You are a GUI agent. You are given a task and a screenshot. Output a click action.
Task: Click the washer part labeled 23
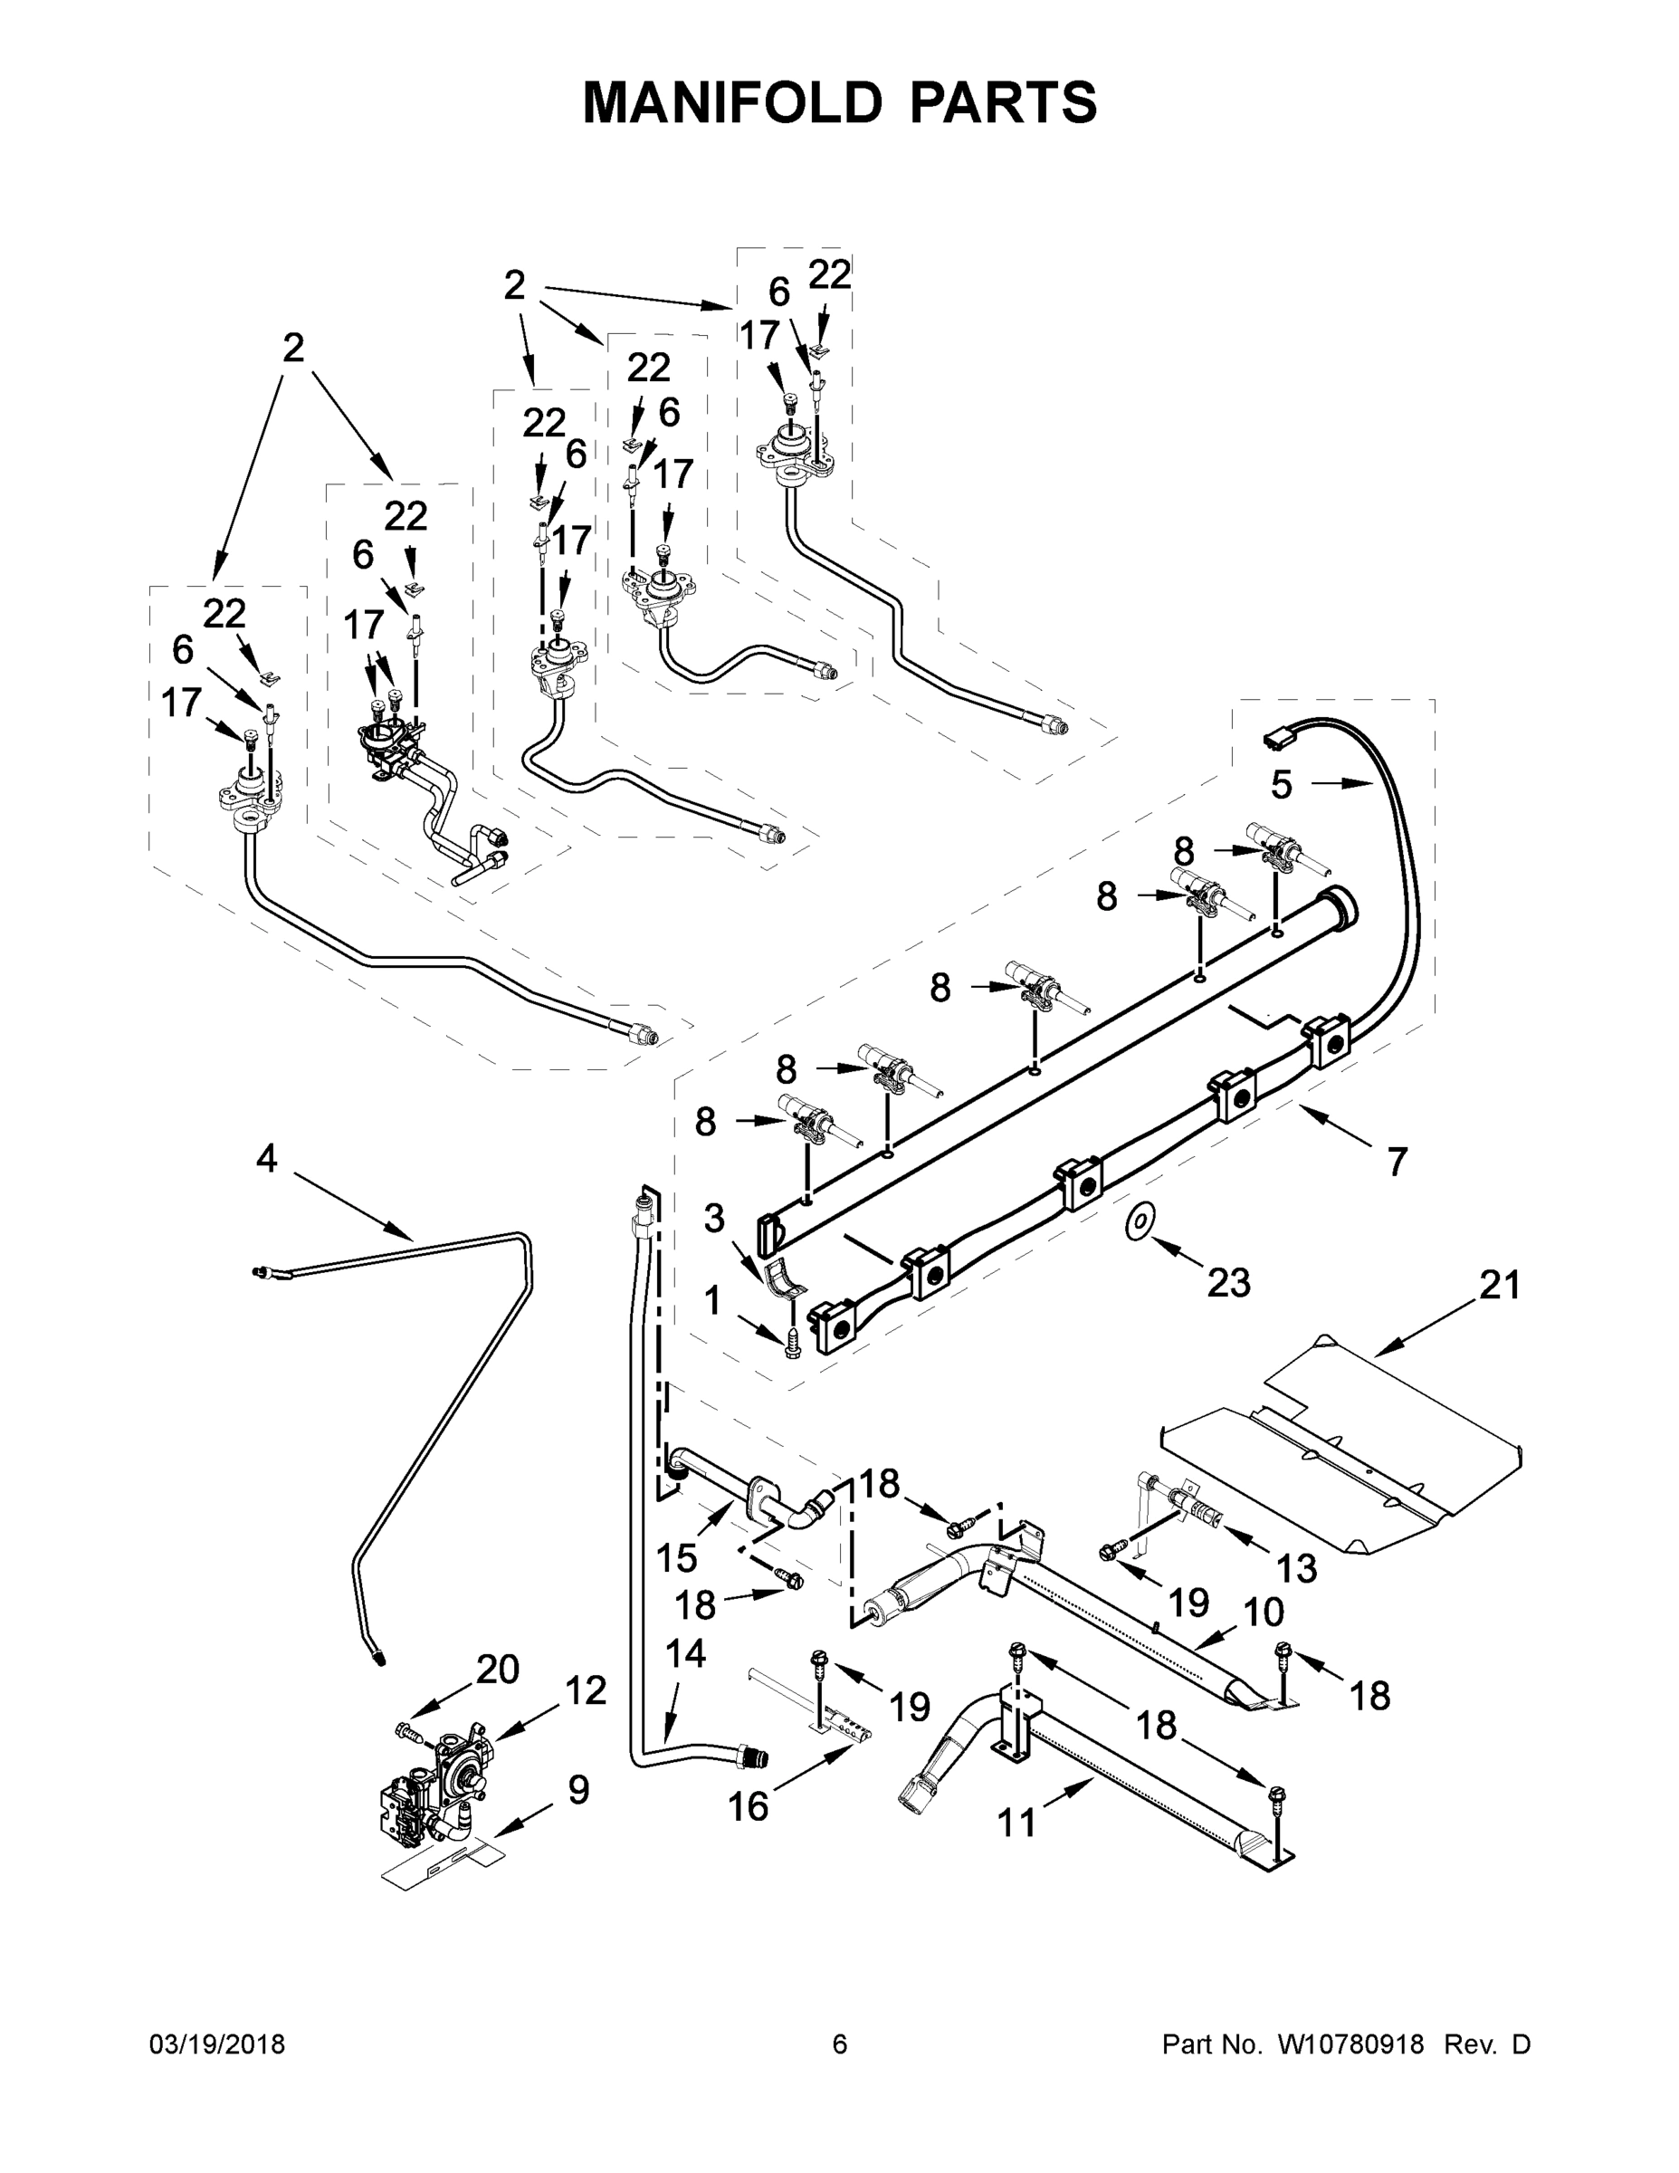(x=1137, y=1221)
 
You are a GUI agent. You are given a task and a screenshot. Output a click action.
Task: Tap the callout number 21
(x=1500, y=1286)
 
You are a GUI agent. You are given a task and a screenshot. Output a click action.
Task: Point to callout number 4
(x=267, y=1158)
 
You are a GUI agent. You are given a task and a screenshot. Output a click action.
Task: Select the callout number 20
(x=497, y=1669)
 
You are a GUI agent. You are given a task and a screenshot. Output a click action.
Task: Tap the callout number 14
(x=685, y=1653)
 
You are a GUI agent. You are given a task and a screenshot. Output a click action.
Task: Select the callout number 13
(x=1296, y=1568)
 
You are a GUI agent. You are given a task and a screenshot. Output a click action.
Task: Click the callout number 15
(x=676, y=1558)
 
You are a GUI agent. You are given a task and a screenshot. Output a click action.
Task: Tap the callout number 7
(x=1398, y=1161)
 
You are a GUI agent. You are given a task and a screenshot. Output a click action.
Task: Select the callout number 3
(x=714, y=1218)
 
